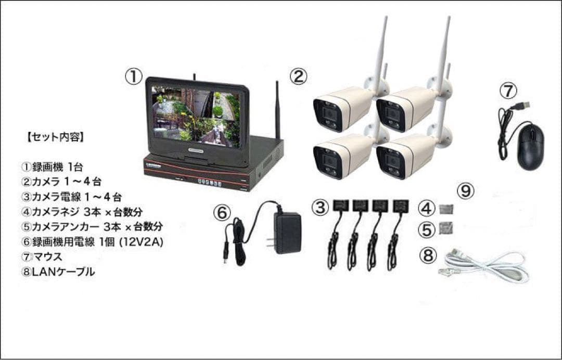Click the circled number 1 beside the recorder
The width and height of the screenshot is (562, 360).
[133, 77]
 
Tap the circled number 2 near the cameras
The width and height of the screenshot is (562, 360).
[298, 77]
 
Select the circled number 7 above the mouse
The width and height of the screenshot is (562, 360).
[508, 91]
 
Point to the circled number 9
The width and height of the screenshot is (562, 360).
[466, 191]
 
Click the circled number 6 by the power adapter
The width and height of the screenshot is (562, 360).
[222, 213]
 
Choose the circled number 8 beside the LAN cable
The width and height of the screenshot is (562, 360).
[427, 255]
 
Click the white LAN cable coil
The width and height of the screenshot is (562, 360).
[489, 266]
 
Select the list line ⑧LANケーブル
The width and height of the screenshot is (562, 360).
[58, 272]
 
